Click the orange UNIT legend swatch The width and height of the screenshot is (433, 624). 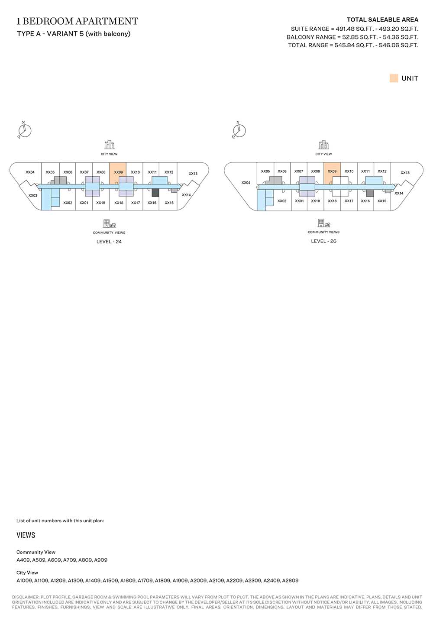tap(394, 78)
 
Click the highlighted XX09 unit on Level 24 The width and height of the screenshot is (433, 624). tap(118, 173)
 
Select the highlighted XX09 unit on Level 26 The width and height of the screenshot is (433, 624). tap(332, 173)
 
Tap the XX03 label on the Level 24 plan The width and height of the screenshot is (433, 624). tap(33, 195)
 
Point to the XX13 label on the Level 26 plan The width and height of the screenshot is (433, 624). tap(405, 173)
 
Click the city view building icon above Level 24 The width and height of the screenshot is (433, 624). tap(109, 145)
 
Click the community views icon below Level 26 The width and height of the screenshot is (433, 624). tap(323, 223)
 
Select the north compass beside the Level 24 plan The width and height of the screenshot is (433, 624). tap(24, 130)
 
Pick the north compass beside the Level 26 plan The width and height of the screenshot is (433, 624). tap(239, 130)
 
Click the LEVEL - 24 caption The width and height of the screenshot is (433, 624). tap(109, 242)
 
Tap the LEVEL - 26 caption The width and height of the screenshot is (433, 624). tap(323, 241)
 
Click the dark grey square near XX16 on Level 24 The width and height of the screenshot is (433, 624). tap(155, 193)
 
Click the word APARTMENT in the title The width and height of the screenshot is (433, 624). tap(107, 21)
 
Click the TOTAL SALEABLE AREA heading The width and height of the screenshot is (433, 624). tap(382, 19)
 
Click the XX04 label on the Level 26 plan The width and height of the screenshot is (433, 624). tap(246, 182)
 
